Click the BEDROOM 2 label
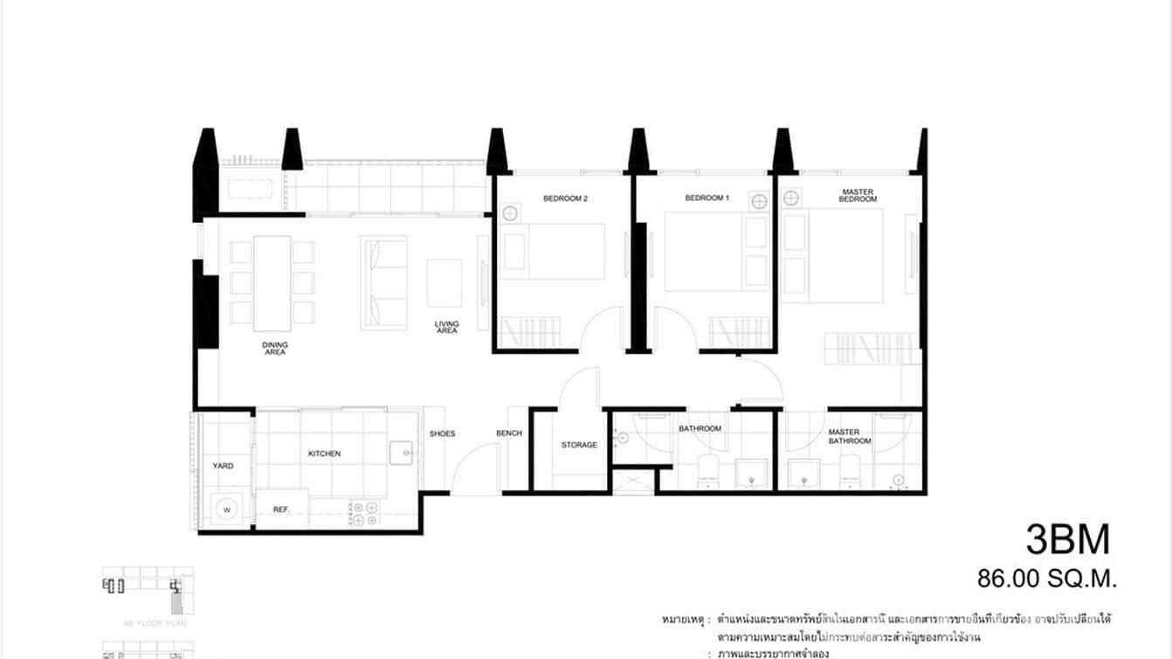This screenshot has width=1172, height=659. [x=565, y=199]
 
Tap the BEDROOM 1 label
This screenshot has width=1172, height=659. [x=706, y=198]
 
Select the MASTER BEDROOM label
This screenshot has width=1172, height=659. [x=858, y=196]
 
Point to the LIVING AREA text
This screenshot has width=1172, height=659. [x=446, y=327]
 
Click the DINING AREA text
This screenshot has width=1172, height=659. [x=275, y=348]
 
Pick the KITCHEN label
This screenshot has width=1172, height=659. [x=324, y=454]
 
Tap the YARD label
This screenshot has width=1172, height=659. [x=223, y=466]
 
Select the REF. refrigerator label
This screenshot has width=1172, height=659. [x=281, y=509]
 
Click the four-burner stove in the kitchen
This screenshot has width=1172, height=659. [x=363, y=513]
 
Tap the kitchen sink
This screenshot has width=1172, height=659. [x=403, y=453]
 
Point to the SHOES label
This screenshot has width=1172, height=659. [x=442, y=434]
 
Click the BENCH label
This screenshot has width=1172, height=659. [x=509, y=434]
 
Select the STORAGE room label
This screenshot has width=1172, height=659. [x=579, y=445]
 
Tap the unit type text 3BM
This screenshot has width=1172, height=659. [x=1067, y=539]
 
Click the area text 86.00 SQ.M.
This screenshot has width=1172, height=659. [x=1047, y=578]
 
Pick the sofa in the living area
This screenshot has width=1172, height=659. [x=384, y=282]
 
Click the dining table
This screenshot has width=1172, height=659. [x=272, y=283]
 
